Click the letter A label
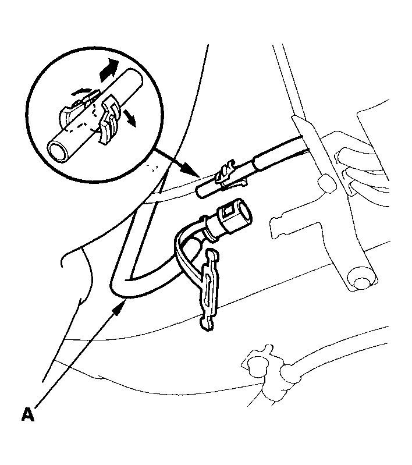click(28, 414)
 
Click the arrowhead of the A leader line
click(119, 307)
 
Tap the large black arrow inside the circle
click(109, 70)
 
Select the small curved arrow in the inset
click(82, 91)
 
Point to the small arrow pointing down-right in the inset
click(130, 117)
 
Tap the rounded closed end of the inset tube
click(137, 78)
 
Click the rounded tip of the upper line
click(201, 193)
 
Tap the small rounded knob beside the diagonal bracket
click(327, 183)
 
